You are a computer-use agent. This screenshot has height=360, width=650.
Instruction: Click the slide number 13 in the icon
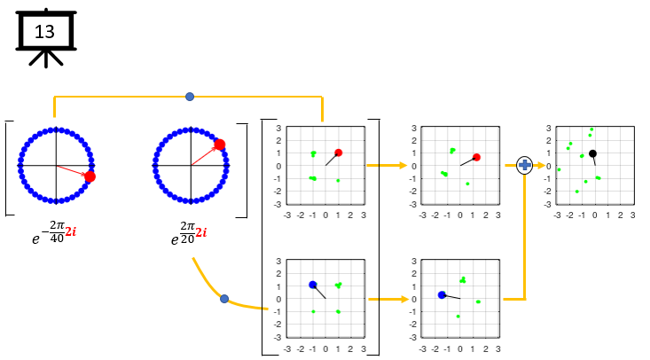45,32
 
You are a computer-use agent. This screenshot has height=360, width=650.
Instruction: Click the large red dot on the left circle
90,176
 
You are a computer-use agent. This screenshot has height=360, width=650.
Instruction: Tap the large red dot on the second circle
219,145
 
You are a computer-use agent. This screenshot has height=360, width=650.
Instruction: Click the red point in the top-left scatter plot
338,153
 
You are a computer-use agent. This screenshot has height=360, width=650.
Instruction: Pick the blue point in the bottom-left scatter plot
313,285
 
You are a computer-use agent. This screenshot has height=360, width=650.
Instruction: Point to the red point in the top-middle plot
476,157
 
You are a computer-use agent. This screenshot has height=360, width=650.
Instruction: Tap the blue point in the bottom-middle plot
442,294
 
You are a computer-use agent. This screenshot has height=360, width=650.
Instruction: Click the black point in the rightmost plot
592,153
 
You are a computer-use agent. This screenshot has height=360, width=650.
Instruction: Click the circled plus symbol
524,165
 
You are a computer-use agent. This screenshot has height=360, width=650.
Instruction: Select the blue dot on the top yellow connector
190,96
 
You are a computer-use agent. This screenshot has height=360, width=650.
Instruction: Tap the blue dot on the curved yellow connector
224,299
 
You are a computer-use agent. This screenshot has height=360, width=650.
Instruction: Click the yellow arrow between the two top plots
387,165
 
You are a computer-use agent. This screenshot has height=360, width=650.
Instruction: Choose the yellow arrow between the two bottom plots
387,299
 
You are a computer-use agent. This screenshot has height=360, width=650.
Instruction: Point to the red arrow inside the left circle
73,171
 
